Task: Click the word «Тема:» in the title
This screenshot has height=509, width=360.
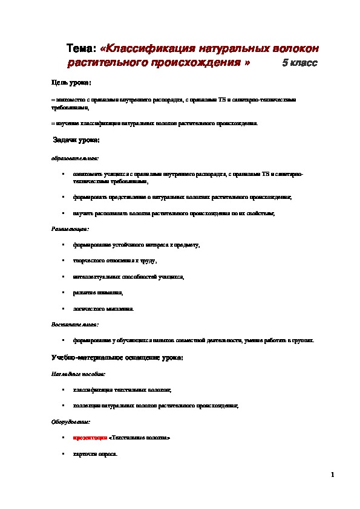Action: pos(80,48)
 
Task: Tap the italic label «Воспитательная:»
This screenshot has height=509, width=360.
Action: pos(71,324)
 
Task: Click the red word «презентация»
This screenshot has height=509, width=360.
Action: pos(90,436)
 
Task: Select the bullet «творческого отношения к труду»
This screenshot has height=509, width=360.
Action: pos(114,261)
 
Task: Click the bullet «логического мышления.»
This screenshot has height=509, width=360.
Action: pos(103,308)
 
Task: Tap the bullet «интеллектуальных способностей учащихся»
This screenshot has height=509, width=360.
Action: pos(128,277)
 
